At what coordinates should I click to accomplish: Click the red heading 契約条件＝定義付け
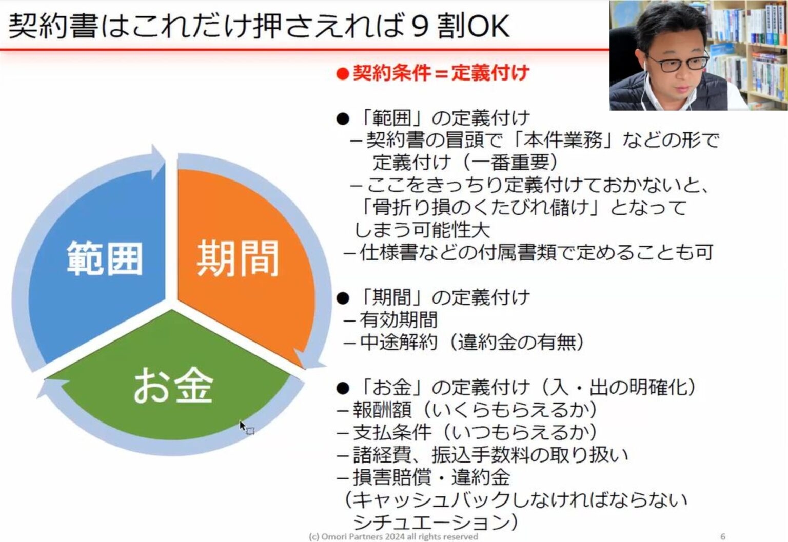(434, 73)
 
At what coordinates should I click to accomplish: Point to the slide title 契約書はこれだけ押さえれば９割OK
(259, 26)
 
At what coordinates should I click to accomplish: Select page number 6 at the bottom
(723, 536)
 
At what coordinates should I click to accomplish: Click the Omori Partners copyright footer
(393, 536)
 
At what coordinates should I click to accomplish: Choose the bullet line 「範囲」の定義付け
(434, 118)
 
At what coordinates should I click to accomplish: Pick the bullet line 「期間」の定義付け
(434, 297)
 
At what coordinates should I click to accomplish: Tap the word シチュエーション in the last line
(431, 522)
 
